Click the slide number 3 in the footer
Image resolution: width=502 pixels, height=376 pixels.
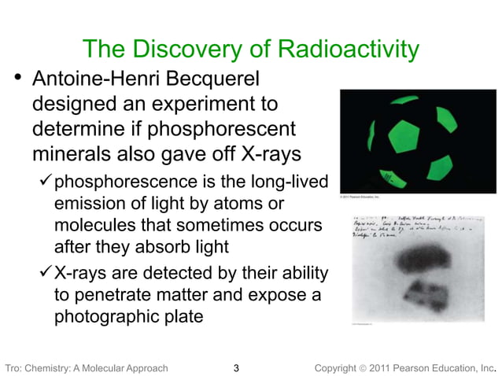238,367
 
